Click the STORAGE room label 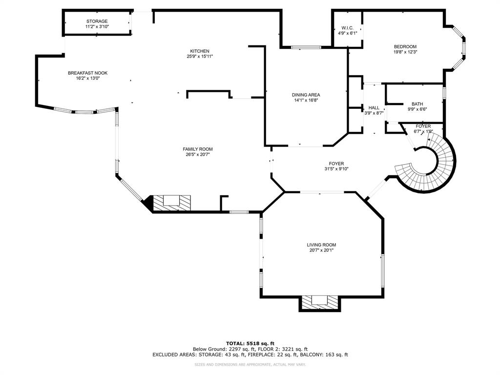pyautogui.click(x=97, y=21)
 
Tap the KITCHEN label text pyautogui.click(x=200, y=51)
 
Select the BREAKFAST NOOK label pyautogui.click(x=87, y=73)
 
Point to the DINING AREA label pyautogui.click(x=306, y=95)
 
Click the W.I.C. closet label pyautogui.click(x=347, y=27)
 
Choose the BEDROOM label pyautogui.click(x=405, y=46)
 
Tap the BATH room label pyautogui.click(x=417, y=104)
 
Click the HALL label pyautogui.click(x=374, y=107)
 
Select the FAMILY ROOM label pyautogui.click(x=198, y=149)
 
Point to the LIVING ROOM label pyautogui.click(x=321, y=245)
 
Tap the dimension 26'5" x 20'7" pyautogui.click(x=198, y=155)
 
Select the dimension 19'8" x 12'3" pyautogui.click(x=405, y=52)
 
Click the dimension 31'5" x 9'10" pyautogui.click(x=336, y=169)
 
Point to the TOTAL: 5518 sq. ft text pyautogui.click(x=250, y=343)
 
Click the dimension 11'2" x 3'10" pyautogui.click(x=97, y=27)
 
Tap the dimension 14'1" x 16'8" pyautogui.click(x=306, y=101)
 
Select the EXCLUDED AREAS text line pyautogui.click(x=250, y=355)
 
